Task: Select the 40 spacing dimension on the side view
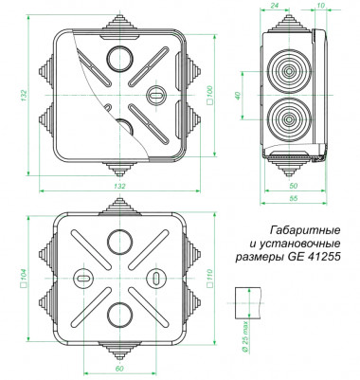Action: tap(238, 95)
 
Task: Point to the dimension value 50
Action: tap(294, 186)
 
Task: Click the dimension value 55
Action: tap(294, 198)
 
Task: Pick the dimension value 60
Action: tap(119, 369)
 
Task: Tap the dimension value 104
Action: tap(24, 278)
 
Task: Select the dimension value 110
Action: tap(209, 278)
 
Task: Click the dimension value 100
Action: tap(210, 95)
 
